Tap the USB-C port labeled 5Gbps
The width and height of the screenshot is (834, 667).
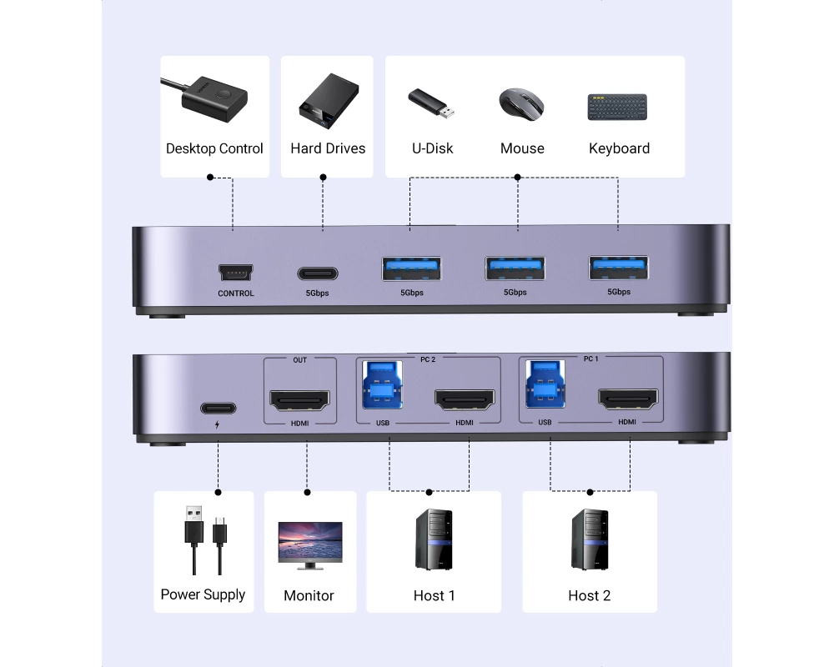(318, 273)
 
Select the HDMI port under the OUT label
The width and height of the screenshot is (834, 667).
(299, 401)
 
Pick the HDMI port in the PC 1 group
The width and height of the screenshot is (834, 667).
(627, 400)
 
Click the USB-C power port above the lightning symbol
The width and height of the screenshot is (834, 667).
(218, 409)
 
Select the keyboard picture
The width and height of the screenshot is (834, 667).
(618, 107)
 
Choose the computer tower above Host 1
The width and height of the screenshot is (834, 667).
(434, 539)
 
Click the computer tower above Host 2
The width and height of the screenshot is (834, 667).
(590, 539)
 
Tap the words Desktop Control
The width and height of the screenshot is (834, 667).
(214, 148)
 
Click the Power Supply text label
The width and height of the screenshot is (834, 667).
(203, 594)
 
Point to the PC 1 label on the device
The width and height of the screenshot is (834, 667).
(590, 359)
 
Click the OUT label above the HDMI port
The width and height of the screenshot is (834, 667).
(299, 360)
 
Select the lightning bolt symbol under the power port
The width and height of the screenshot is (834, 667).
(218, 424)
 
